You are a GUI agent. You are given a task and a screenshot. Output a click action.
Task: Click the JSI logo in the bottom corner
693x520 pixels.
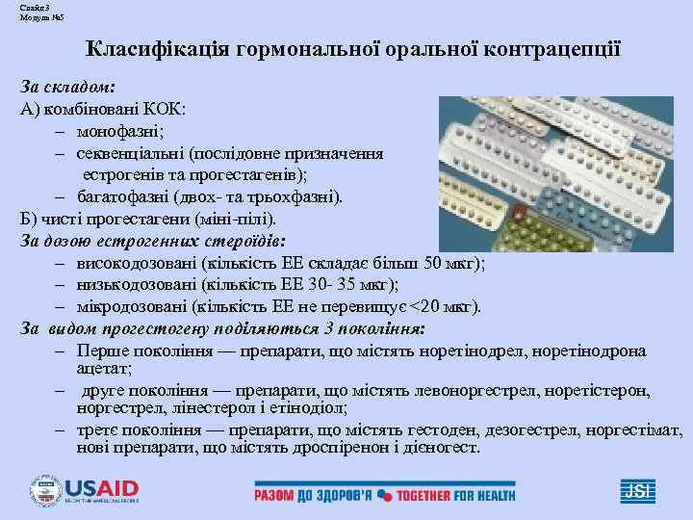pos(639,490)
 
